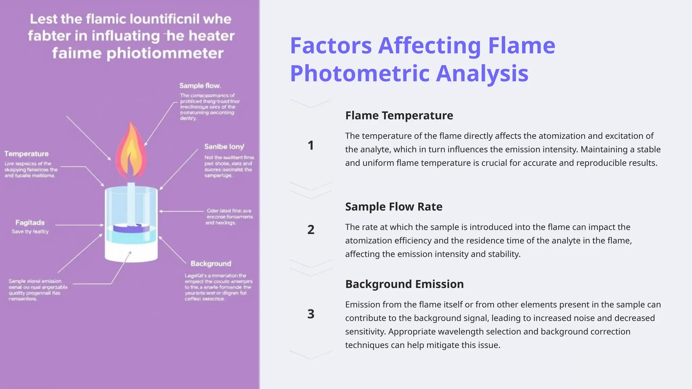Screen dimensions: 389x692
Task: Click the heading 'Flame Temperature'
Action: (x=399, y=115)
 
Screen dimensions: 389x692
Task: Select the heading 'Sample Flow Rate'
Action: (x=394, y=207)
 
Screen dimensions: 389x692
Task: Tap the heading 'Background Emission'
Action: (x=404, y=284)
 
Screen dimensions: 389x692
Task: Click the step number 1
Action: (x=311, y=146)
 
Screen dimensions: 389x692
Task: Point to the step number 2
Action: (x=311, y=230)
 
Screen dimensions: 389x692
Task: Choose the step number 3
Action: (x=311, y=314)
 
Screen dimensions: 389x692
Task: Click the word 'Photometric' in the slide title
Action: (x=360, y=73)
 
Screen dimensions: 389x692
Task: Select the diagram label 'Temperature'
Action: (x=26, y=154)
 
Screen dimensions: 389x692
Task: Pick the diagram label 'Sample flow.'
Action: (x=200, y=86)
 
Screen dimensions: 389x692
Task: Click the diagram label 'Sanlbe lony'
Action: (x=224, y=147)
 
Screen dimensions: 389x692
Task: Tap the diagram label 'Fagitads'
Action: (x=30, y=223)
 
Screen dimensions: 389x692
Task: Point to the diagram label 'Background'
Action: (x=211, y=264)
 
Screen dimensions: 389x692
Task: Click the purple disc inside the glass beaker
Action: (x=131, y=229)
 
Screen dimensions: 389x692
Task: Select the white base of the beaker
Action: (x=131, y=252)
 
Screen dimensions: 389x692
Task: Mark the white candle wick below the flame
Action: (x=131, y=203)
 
